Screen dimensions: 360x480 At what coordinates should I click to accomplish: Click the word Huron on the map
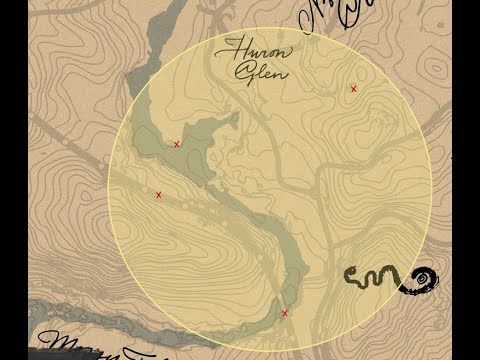point(253,49)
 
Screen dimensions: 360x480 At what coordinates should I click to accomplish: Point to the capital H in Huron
point(233,47)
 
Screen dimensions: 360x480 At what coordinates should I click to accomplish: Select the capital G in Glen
point(241,71)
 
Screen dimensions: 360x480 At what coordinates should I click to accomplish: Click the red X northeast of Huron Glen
point(353,89)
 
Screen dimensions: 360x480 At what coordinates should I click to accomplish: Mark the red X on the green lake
point(177,144)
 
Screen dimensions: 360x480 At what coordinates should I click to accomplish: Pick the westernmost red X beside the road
point(158,195)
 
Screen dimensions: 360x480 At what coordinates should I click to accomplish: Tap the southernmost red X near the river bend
point(285,313)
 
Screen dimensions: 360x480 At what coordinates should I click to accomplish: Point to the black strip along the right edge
point(466,180)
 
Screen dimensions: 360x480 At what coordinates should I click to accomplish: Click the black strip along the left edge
point(13,180)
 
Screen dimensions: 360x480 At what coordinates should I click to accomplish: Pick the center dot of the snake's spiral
point(426,277)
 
